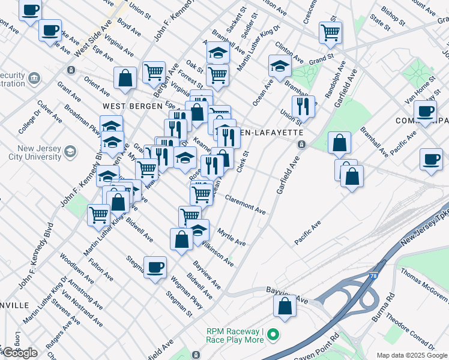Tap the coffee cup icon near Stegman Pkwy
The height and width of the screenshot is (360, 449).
click(155, 266)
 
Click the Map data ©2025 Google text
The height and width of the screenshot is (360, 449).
click(412, 355)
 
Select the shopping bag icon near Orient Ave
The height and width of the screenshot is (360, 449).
click(125, 77)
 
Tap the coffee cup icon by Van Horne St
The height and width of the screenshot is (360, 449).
click(426, 111)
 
